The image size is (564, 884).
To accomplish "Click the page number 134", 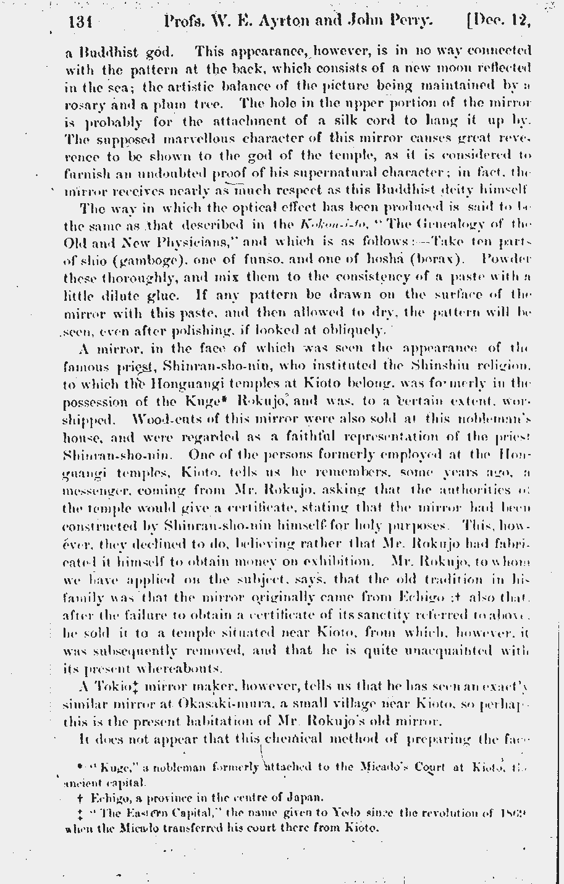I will pyautogui.click(x=79, y=23).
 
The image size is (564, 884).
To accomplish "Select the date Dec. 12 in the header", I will pyautogui.click(x=500, y=23).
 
